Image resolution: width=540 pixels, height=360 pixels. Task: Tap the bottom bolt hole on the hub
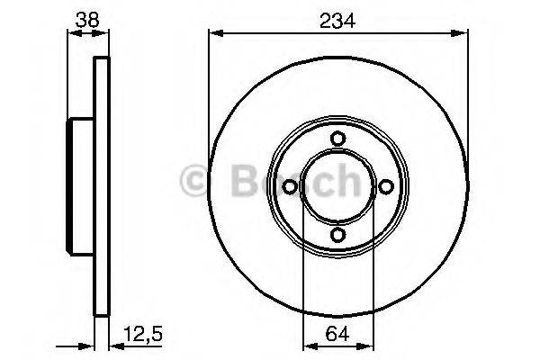click(x=337, y=235)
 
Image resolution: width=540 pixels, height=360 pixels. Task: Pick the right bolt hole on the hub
click(x=386, y=186)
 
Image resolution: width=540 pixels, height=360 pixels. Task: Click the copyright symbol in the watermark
click(x=196, y=183)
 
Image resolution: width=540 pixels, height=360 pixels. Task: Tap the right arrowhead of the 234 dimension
click(x=462, y=34)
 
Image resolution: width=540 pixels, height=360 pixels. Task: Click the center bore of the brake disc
click(x=337, y=186)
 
